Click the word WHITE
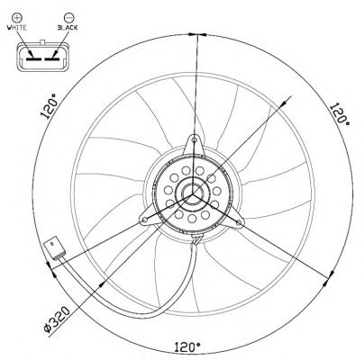coord(17,28)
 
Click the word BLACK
coord(68,28)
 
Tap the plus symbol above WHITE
coord(17,17)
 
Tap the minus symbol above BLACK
coord(68,17)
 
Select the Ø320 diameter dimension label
coord(57,319)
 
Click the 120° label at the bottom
coord(187,347)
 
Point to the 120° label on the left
coord(50,106)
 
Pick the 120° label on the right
coord(340,114)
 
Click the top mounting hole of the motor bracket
coord(195,139)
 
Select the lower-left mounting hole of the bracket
coord(145,220)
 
